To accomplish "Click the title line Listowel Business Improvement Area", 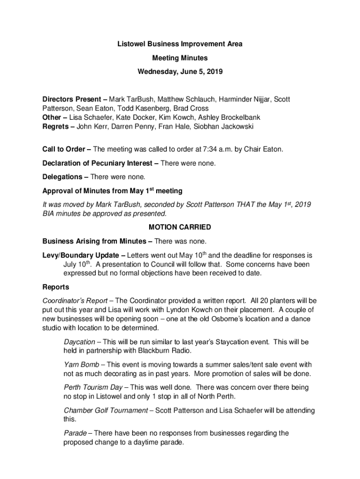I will click(180, 44).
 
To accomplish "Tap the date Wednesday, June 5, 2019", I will click(180, 72).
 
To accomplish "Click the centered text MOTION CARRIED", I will click(180, 227).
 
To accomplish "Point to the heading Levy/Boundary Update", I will click(82, 255).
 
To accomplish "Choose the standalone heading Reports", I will click(56, 287).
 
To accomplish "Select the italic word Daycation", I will click(79, 342).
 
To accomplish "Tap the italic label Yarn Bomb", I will click(81, 364).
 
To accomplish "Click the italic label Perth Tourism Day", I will click(93, 387).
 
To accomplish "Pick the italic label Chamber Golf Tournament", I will click(106, 410).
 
